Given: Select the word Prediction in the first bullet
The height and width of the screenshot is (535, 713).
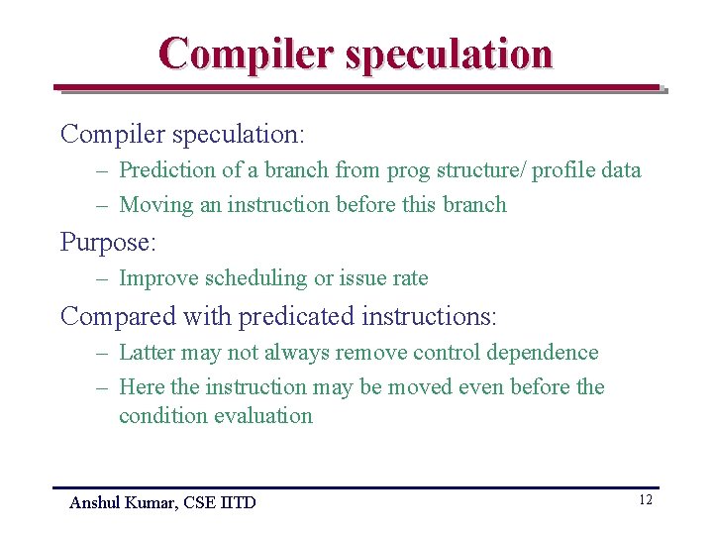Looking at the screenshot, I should [x=166, y=169].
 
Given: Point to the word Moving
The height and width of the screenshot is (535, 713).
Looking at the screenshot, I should [x=154, y=205].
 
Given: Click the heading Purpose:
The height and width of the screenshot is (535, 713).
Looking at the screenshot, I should [x=108, y=242].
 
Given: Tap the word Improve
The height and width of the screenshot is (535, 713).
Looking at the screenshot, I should [x=156, y=278].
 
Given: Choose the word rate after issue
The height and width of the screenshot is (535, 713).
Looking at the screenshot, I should [x=410, y=278].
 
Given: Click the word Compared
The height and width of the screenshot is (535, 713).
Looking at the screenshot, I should [x=116, y=316].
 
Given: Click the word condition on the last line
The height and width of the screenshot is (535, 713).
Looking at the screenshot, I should [x=160, y=416].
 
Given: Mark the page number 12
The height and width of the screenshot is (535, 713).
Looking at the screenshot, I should [x=645, y=500].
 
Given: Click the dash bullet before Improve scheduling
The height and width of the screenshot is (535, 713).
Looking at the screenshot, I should [x=102, y=279].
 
